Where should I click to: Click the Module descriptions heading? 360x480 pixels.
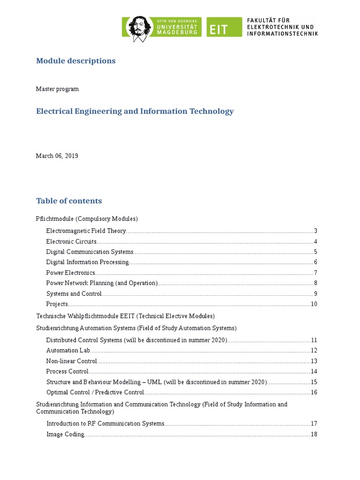pos(75,61)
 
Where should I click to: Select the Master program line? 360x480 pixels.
pos(57,89)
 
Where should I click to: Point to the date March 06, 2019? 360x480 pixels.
pos(57,156)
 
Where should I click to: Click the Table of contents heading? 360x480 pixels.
pos(69,201)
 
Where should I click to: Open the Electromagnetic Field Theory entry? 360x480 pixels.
pos(86,231)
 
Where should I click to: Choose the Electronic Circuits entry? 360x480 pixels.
pos(71,241)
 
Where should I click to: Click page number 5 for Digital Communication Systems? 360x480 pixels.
pos(315,252)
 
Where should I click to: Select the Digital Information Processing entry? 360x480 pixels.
pos(88,262)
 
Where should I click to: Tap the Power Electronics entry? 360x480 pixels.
pos(71,273)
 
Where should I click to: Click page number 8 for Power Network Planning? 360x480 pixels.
pos(315,283)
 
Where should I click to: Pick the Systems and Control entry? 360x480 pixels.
pos(74,294)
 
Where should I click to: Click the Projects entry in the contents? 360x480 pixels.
pos(57,304)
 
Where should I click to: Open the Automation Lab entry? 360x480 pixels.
pos(68,351)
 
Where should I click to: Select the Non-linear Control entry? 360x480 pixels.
pos(72,361)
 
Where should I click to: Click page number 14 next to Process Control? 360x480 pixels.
pos(314,372)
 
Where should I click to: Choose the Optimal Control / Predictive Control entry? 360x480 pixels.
pos(95,392)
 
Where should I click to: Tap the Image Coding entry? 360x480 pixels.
pos(65,435)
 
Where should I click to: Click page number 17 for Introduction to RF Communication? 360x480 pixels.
pos(314,424)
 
